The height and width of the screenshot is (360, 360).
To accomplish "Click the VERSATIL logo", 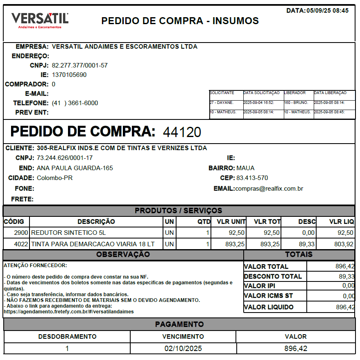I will point(40,20).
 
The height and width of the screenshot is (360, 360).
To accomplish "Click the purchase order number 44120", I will point(182,132).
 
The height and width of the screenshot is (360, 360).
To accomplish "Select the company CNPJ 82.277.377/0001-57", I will point(80,65).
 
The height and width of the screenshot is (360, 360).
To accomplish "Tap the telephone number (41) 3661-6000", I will point(75,103).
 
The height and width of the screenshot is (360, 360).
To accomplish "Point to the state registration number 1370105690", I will point(69,75).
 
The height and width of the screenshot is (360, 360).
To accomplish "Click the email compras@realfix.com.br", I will point(269,189).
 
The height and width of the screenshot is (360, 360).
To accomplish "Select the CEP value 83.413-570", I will point(252,178).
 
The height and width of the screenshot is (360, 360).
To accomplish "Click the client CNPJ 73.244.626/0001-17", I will point(65,158).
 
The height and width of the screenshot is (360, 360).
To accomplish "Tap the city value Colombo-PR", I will point(55,178).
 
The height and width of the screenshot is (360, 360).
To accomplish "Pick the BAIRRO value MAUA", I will point(245,168).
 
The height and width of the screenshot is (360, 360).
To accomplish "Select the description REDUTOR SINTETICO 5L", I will point(68,233).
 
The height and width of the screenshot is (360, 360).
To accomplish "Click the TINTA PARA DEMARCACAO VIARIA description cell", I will point(93,244).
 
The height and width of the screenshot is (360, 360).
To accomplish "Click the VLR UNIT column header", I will point(231,222).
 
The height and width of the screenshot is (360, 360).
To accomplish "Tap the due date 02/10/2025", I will point(183,349).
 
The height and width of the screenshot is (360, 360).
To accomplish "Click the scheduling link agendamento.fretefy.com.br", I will point(68,312).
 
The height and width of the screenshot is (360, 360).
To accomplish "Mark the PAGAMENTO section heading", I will point(179,324).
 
